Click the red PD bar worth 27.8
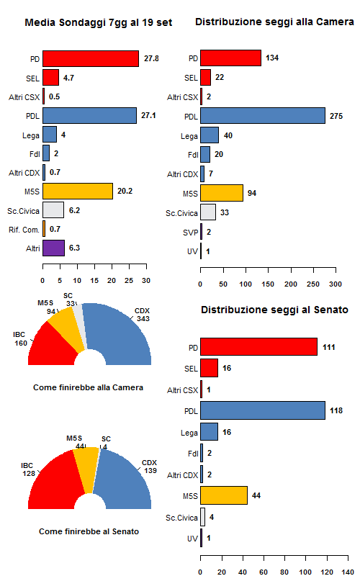(91, 58)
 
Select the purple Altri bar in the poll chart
(53, 248)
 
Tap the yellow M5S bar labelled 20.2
(78, 191)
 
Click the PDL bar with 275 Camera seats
(263, 115)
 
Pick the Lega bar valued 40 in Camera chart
(210, 135)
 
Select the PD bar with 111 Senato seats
(258, 346)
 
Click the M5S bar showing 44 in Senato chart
(224, 495)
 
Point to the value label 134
(272, 58)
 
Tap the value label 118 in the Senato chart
(337, 410)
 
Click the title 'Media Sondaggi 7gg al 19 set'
(99, 23)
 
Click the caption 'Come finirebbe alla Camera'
(88, 387)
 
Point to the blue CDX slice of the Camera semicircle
(119, 335)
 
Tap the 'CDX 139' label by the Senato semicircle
(149, 466)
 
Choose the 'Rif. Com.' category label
(24, 229)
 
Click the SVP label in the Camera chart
(189, 232)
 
